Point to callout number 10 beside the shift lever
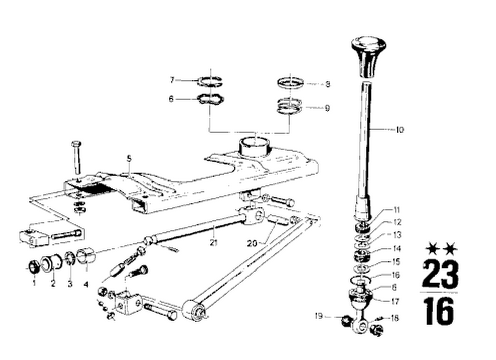(400, 130)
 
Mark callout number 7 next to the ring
(172, 80)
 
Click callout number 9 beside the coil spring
(327, 108)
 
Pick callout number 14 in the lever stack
(397, 248)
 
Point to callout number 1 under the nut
(34, 283)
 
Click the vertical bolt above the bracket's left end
(76, 156)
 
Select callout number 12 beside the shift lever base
(397, 222)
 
